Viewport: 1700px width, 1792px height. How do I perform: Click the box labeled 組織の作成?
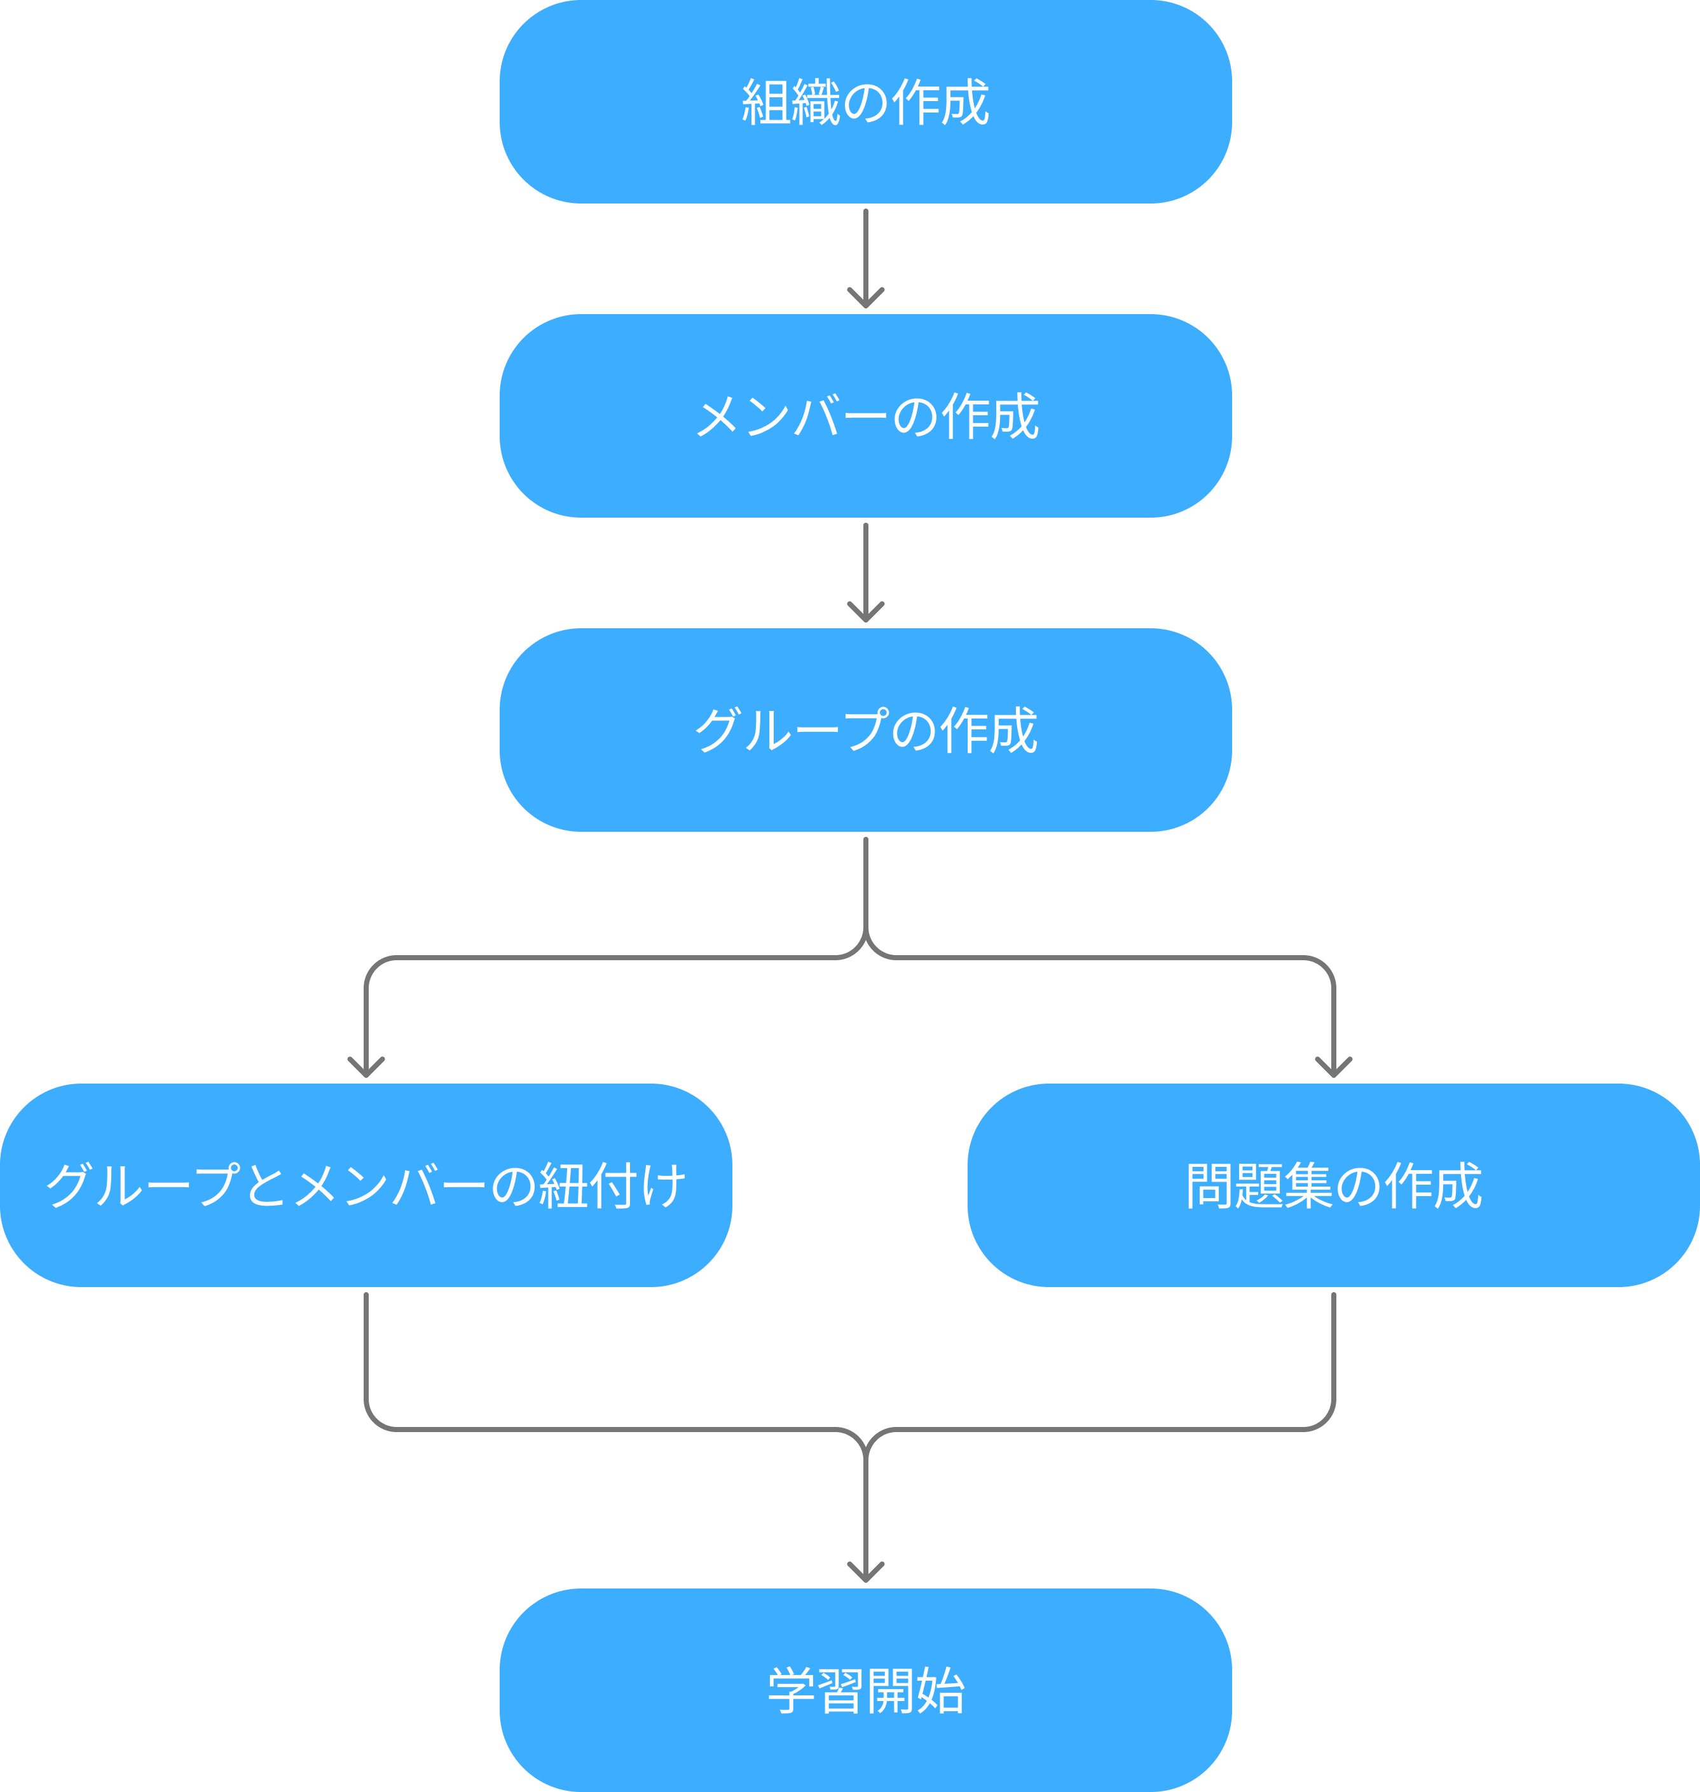865,102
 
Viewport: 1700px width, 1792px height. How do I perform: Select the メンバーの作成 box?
865,416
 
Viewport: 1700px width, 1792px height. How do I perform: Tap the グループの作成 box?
865,729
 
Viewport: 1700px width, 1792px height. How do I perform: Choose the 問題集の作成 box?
1333,1185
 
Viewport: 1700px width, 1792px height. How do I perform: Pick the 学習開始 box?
865,1690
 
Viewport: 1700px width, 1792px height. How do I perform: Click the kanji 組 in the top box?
765,102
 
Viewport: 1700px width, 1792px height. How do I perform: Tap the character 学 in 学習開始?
791,1690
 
